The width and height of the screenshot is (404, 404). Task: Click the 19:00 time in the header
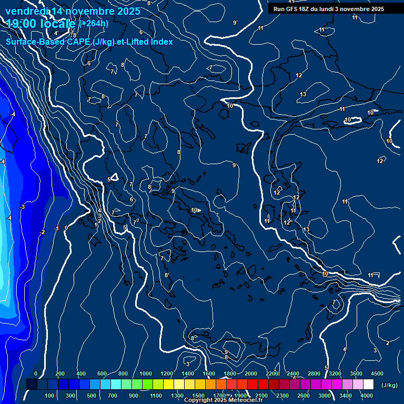point(22,24)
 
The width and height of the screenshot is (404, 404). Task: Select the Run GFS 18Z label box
point(328,9)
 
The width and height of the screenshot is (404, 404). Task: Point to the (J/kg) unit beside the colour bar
point(389,385)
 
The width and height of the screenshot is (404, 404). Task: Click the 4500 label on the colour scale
point(377,373)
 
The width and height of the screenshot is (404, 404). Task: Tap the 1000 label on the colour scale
point(146,373)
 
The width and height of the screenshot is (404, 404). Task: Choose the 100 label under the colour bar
point(49,396)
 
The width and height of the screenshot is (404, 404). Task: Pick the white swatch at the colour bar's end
point(368,385)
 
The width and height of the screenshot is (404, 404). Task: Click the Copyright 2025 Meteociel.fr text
point(223,400)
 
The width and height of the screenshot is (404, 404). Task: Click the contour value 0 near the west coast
point(66,228)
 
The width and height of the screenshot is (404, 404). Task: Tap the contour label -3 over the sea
point(22,207)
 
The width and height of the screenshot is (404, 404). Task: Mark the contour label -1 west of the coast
point(56,229)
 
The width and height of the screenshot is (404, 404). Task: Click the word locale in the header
point(57,24)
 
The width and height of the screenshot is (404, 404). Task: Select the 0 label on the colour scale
point(36,373)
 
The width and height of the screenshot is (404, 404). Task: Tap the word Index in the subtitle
point(161,42)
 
